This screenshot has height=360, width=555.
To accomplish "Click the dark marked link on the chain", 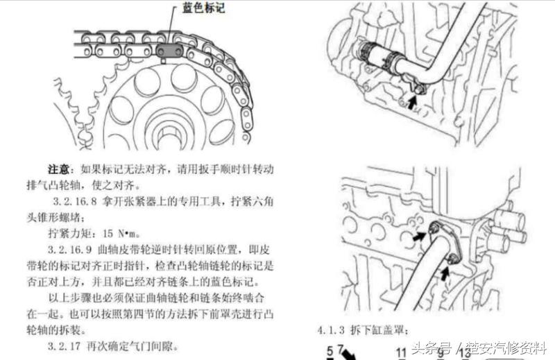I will (x=170, y=51).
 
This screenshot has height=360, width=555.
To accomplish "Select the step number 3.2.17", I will (x=67, y=343).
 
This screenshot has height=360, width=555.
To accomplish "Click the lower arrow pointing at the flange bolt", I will (x=443, y=273).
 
